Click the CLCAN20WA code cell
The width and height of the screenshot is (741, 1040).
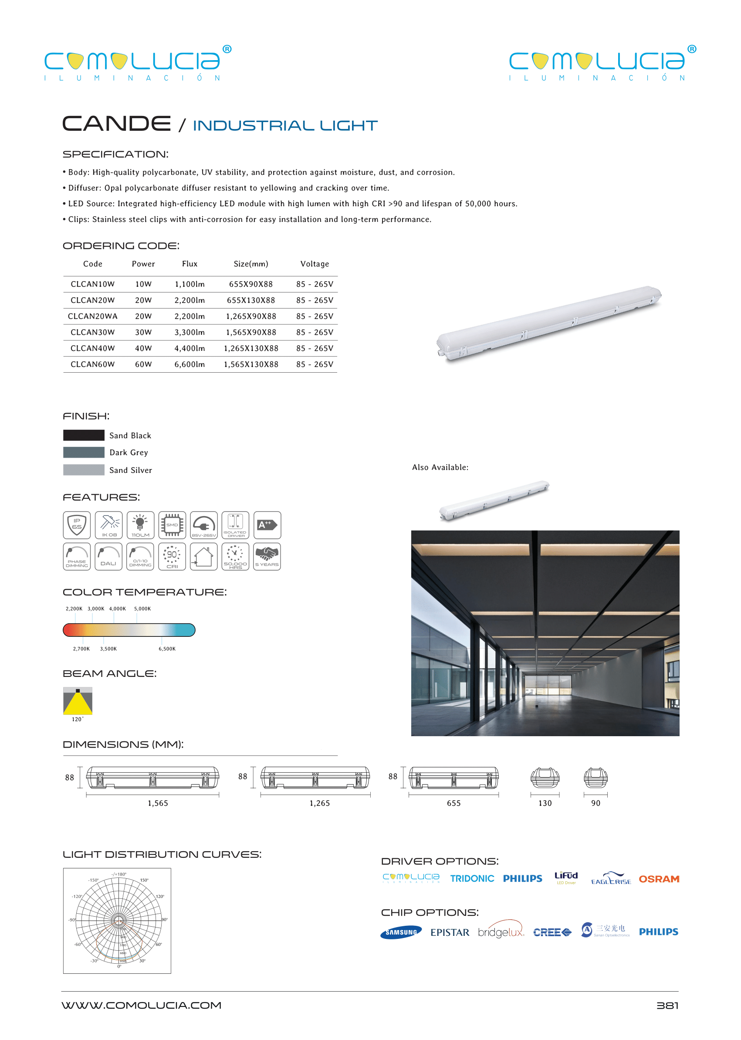(93, 316)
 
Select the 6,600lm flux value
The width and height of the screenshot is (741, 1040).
(189, 364)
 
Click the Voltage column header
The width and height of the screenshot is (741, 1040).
(315, 264)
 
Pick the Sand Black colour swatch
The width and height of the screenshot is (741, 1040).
(84, 435)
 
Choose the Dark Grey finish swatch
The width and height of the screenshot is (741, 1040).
(84, 452)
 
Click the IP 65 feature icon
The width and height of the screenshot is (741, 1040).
(77, 525)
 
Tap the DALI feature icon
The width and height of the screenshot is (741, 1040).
(108, 557)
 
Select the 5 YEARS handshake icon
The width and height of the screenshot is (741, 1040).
(267, 557)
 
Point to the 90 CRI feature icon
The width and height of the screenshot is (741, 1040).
(172, 557)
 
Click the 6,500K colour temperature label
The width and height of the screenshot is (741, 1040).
(167, 649)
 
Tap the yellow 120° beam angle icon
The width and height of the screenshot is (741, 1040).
(78, 701)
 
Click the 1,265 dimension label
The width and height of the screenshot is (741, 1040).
(319, 803)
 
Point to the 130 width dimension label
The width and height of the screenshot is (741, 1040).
(545, 803)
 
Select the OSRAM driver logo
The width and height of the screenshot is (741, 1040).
(658, 879)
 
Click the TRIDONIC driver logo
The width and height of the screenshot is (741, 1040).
(472, 878)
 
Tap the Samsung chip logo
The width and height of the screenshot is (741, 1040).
(401, 932)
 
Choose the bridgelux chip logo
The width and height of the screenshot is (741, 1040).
(501, 931)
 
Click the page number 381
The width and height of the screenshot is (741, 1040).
(667, 1005)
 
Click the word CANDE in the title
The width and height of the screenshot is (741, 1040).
(117, 124)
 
